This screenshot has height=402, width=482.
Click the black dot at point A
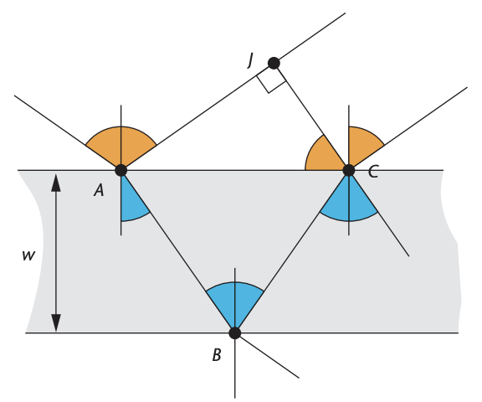pos(121,170)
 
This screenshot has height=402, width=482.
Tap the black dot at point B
pos(235,332)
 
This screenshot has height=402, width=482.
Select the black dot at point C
pos(349,170)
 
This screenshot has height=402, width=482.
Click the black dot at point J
pos(274,63)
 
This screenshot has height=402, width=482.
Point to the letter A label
pos(99,190)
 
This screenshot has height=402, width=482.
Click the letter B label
pos(217,354)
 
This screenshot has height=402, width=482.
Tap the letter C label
pos(373,172)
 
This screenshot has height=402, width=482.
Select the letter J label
pos(250,60)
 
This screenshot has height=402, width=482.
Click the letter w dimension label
pos(28,255)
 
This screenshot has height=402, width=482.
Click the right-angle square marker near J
pos(269,83)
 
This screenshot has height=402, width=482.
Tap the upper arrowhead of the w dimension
pos(55,183)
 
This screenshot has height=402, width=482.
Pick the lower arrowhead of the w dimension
pos(55,323)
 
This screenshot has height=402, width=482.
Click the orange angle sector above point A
pos(121,145)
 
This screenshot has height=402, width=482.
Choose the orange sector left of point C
pos(323,155)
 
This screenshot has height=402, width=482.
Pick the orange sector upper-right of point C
pos(362,146)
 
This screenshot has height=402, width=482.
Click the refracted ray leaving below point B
pos(267,355)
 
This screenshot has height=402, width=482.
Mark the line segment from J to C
pos(311,116)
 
